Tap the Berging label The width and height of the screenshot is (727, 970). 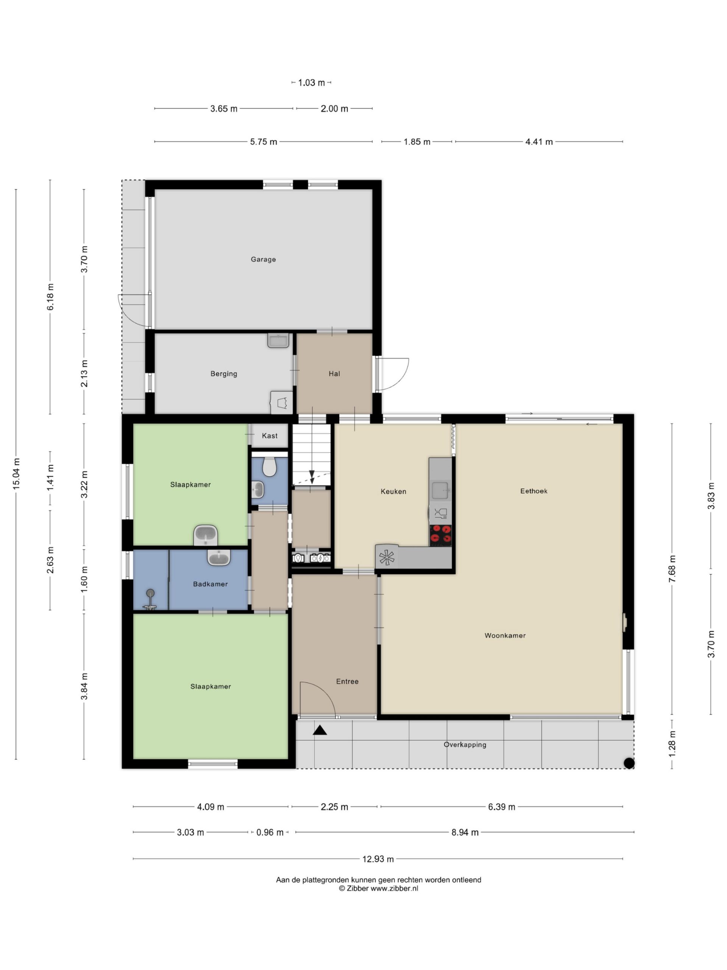223,374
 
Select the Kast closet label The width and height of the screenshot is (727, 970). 270,435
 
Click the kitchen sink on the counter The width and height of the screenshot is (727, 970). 440,490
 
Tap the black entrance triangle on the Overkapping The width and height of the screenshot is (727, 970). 320,730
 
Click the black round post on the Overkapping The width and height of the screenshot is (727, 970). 629,763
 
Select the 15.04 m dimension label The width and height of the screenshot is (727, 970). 16,474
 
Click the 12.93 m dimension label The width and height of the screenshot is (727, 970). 378,859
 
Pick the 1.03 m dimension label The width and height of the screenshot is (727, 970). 312,83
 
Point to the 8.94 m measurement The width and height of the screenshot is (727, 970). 465,832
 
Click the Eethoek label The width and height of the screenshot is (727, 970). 534,491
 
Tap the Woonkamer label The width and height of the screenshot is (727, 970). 505,635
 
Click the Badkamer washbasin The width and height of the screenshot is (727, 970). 219,558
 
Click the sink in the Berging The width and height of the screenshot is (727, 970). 278,341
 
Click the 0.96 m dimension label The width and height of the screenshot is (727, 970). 270,832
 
